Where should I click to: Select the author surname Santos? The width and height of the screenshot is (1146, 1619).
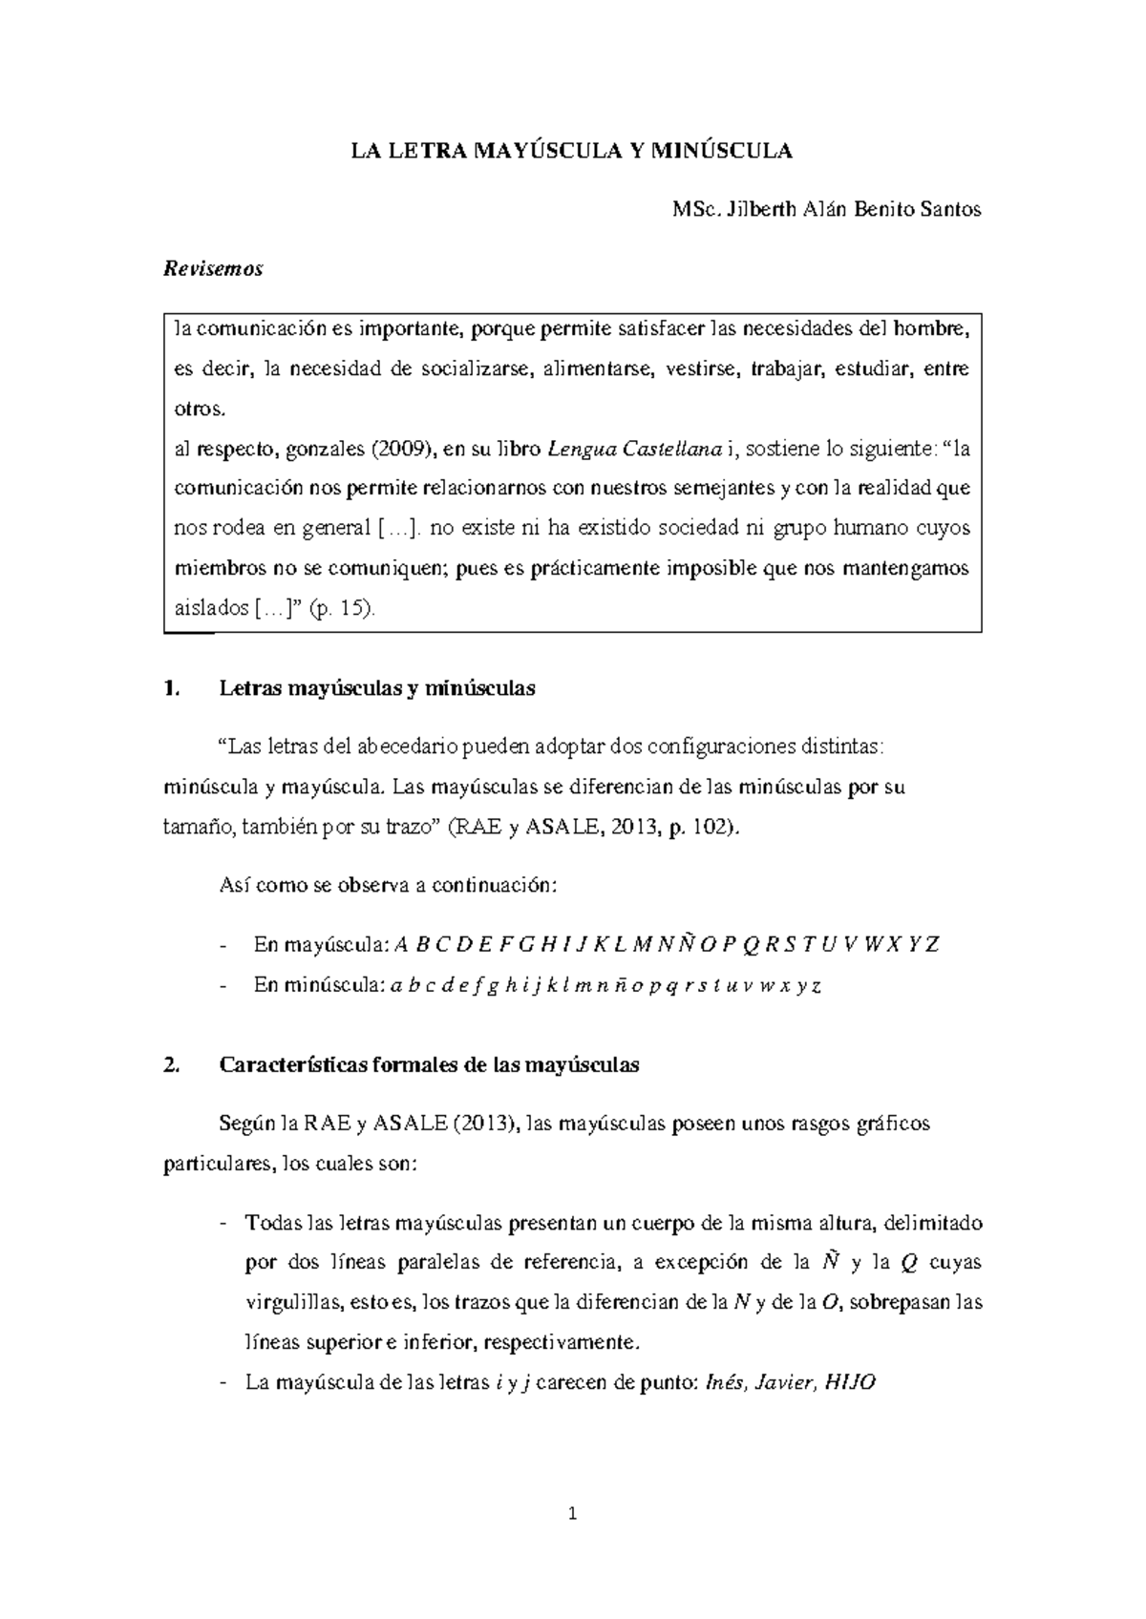(949, 210)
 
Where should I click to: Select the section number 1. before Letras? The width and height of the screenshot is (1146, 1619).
(172, 688)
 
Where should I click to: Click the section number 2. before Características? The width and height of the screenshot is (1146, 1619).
(172, 1065)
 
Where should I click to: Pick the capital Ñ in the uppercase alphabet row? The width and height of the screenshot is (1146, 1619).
(685, 945)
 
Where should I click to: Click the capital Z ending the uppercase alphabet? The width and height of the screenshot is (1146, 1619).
(933, 945)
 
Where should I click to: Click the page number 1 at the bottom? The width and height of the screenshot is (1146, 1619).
(572, 1513)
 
